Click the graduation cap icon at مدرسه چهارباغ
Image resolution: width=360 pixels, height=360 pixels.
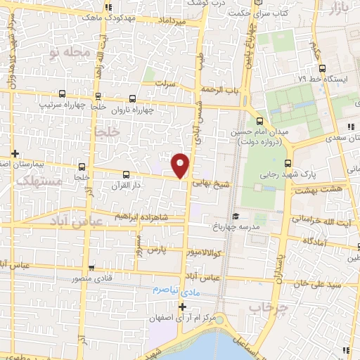[236, 216]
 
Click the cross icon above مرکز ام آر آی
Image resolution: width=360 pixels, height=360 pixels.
[182, 307]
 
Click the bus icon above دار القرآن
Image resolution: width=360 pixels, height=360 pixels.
[127, 174]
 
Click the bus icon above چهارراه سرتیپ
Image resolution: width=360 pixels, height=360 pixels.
[63, 94]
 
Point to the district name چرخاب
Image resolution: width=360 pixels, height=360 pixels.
[269, 307]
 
